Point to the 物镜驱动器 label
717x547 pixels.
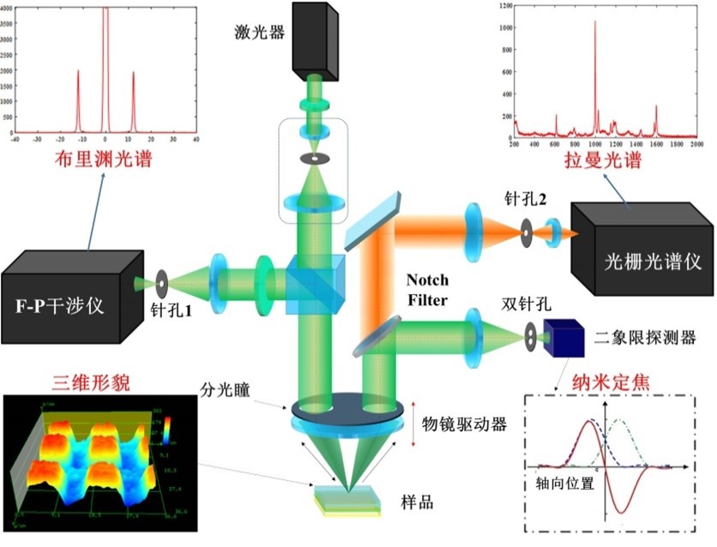coord(464,424)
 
